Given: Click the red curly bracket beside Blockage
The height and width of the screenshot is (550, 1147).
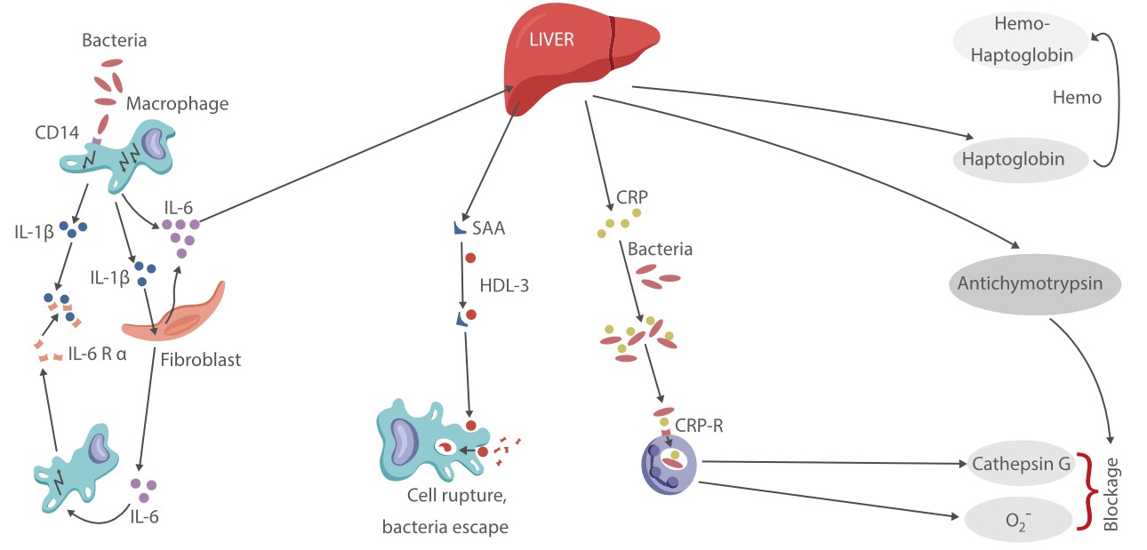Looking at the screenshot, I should pyautogui.click(x=1086, y=490).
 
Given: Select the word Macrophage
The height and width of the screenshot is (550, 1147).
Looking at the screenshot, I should pyautogui.click(x=177, y=104).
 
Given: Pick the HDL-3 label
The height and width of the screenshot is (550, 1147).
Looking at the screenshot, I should pyautogui.click(x=505, y=287).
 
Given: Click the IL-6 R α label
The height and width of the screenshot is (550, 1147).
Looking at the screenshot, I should pyautogui.click(x=98, y=355).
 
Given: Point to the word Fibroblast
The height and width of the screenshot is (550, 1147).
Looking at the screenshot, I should pyautogui.click(x=201, y=361).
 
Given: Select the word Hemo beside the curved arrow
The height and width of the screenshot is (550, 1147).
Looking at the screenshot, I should pyautogui.click(x=1077, y=98).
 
